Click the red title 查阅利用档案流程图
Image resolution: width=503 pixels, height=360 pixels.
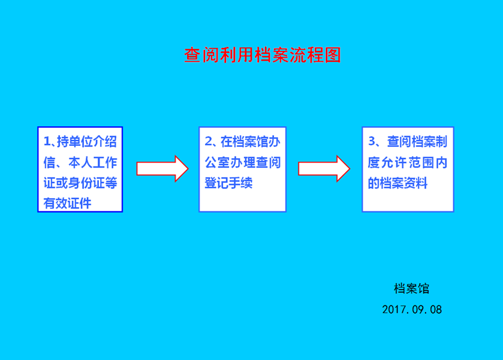tap(263, 55)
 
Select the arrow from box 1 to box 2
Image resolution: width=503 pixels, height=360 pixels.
tap(162, 169)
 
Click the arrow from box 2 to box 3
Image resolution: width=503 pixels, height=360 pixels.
tap(324, 169)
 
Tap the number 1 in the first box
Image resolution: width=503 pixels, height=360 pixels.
tap(47, 142)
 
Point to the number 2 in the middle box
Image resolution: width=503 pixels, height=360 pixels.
tap(209, 142)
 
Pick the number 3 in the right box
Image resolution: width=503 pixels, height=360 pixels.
tap(372, 142)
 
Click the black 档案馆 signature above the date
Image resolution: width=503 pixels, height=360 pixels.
tap(412, 289)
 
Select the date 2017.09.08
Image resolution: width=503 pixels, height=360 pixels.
tap(412, 309)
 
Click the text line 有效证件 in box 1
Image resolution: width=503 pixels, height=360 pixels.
tap(67, 203)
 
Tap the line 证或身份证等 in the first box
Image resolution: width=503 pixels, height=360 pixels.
tap(80, 183)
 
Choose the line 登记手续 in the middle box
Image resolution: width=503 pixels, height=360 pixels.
tap(229, 183)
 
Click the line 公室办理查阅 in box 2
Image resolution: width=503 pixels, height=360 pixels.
tap(243, 163)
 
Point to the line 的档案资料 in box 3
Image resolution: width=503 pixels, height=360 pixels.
tap(397, 183)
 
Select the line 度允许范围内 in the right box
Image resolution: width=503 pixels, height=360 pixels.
tap(408, 163)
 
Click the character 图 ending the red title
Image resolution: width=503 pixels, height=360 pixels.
tap(333, 55)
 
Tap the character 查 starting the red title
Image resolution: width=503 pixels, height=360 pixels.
tap(192, 55)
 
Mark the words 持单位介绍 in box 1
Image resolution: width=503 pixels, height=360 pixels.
tap(86, 142)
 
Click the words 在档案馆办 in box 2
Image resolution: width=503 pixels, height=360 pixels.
tap(251, 142)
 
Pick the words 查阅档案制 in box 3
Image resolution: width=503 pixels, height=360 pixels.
tap(417, 142)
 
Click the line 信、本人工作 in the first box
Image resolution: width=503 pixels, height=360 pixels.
tap(80, 163)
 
